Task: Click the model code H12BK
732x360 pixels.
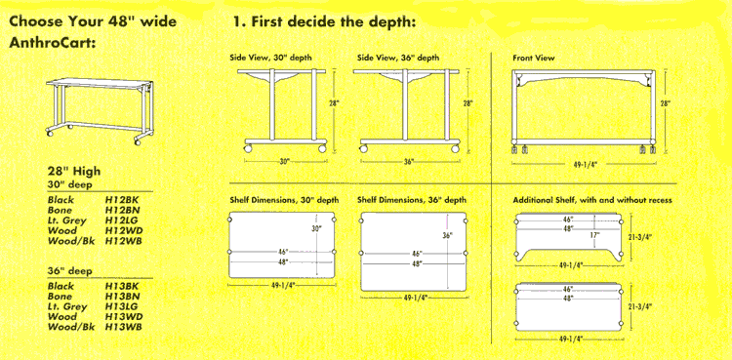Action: click(x=122, y=200)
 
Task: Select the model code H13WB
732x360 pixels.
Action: click(x=124, y=327)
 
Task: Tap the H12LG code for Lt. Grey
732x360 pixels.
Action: click(x=123, y=220)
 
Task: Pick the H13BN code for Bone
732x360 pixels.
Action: click(x=123, y=296)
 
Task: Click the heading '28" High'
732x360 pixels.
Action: click(x=74, y=172)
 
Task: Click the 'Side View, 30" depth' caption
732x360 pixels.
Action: click(x=270, y=59)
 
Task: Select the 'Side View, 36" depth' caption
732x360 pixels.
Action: click(x=398, y=59)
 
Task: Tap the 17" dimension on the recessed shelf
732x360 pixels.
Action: click(x=594, y=235)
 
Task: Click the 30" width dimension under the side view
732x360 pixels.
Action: click(x=285, y=162)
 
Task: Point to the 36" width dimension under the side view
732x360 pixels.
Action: click(x=409, y=162)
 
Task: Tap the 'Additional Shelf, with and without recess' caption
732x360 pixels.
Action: click(x=592, y=200)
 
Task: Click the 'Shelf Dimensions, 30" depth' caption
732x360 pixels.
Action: click(x=284, y=200)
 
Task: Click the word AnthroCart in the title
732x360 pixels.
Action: click(x=53, y=43)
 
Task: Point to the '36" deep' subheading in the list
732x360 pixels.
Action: click(x=70, y=271)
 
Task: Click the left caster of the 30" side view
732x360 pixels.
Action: click(x=248, y=148)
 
